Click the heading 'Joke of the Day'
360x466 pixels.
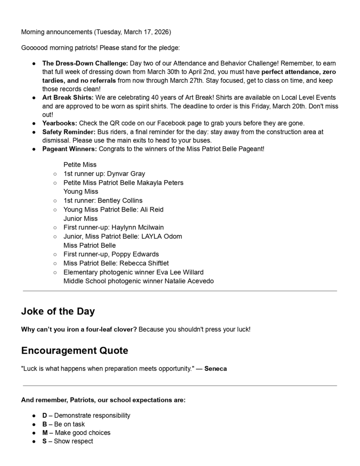[58, 312]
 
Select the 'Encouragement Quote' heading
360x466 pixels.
[75, 351]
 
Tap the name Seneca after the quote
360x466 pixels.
[215, 369]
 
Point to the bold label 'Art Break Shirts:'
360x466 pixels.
[68, 98]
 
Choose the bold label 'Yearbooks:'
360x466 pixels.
[60, 123]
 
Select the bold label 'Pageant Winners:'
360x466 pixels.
[70, 149]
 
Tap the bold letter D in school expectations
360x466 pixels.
[45, 415]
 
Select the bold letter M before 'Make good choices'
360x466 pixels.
[45, 433]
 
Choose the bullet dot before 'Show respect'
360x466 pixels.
[34, 441]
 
